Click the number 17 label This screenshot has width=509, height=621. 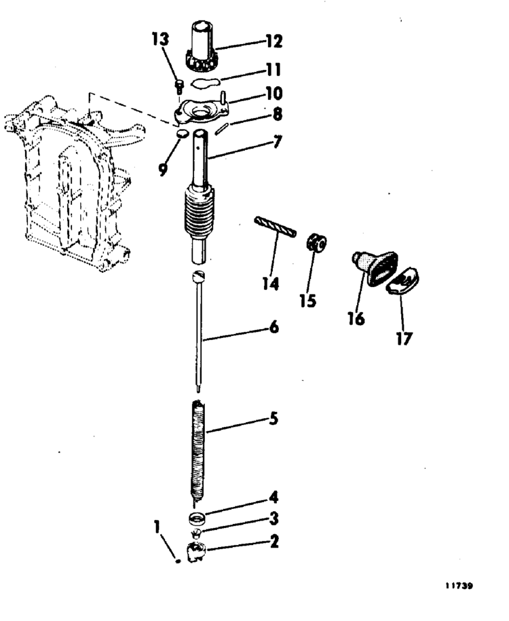coord(404,339)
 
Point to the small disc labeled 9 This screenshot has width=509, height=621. coord(181,134)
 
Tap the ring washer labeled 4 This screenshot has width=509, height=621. coord(197,519)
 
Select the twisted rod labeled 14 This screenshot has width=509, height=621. coord(276,226)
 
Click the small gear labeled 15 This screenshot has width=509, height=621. coord(316,242)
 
